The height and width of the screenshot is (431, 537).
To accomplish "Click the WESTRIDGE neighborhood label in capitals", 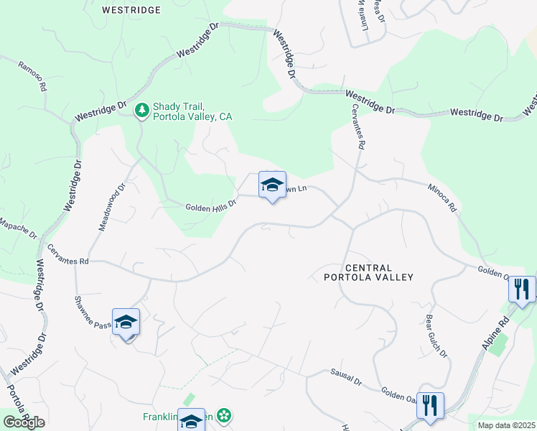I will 131,11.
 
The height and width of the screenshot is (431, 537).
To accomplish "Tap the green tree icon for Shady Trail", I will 142,110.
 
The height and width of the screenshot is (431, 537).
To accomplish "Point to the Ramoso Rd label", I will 33,74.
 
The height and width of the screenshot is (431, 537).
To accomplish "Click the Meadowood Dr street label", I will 111,205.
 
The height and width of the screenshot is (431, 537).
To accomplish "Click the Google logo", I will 23,422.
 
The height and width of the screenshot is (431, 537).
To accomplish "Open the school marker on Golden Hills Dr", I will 272,185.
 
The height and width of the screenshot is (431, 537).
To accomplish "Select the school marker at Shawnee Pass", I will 126,323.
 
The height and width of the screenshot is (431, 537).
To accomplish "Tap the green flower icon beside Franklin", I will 225,415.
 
